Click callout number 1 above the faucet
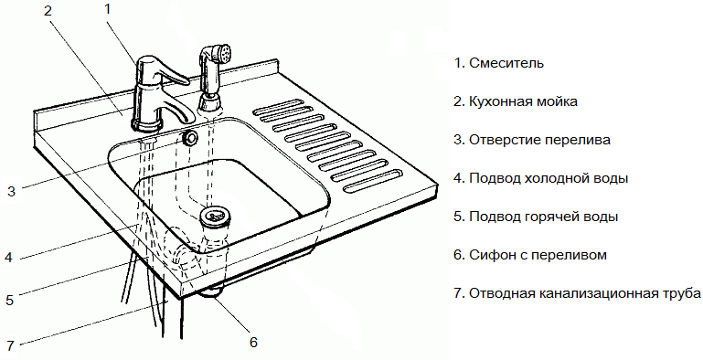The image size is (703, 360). pyautogui.click(x=107, y=9)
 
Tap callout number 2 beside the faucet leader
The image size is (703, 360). pyautogui.click(x=48, y=11)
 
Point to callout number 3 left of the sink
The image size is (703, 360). pyautogui.click(x=12, y=192)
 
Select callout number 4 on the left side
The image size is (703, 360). pyautogui.click(x=8, y=258)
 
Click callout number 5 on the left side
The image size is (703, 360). pyautogui.click(x=10, y=300)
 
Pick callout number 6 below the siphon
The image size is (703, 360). pyautogui.click(x=253, y=343)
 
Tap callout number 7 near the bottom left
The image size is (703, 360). pyautogui.click(x=10, y=345)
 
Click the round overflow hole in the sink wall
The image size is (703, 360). pyautogui.click(x=190, y=138)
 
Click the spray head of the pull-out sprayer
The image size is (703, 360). pyautogui.click(x=222, y=53)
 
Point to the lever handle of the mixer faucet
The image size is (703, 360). pyautogui.click(x=168, y=72)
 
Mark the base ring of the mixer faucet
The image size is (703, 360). pyautogui.click(x=146, y=124)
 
